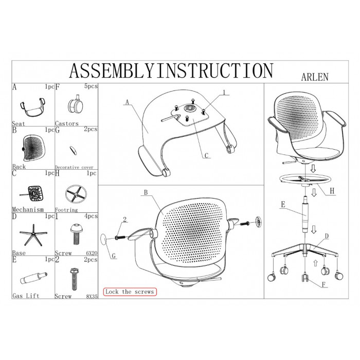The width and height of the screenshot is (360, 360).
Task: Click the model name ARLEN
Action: pos(315,77)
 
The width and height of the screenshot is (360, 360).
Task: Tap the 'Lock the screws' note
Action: pos(130,292)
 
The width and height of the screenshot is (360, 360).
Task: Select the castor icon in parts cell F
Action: pos(76,105)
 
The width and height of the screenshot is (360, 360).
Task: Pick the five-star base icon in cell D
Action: pos(33,235)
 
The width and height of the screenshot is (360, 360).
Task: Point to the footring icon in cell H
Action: pos(76,194)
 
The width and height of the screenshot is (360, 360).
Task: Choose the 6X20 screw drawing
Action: pos(76,234)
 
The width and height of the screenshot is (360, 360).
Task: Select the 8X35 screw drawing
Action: pos(75,279)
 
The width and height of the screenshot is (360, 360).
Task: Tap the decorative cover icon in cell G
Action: pos(73,150)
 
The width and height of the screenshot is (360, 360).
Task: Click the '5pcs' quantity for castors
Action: pos(91,86)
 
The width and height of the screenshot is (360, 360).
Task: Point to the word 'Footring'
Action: pos(66,210)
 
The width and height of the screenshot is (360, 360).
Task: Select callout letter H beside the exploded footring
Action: pos(332,191)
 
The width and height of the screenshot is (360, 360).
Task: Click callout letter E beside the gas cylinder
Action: pos(283,204)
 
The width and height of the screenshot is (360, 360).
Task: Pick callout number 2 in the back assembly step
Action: pos(124,220)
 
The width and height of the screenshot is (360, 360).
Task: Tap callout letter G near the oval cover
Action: pos(114,256)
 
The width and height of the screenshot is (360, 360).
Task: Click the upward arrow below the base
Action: pos(315,263)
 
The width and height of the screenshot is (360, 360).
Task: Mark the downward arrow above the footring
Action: pos(313,169)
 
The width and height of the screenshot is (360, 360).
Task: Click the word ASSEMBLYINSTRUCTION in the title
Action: pos(171,71)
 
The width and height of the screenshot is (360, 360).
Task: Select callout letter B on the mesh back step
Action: pos(146,192)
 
